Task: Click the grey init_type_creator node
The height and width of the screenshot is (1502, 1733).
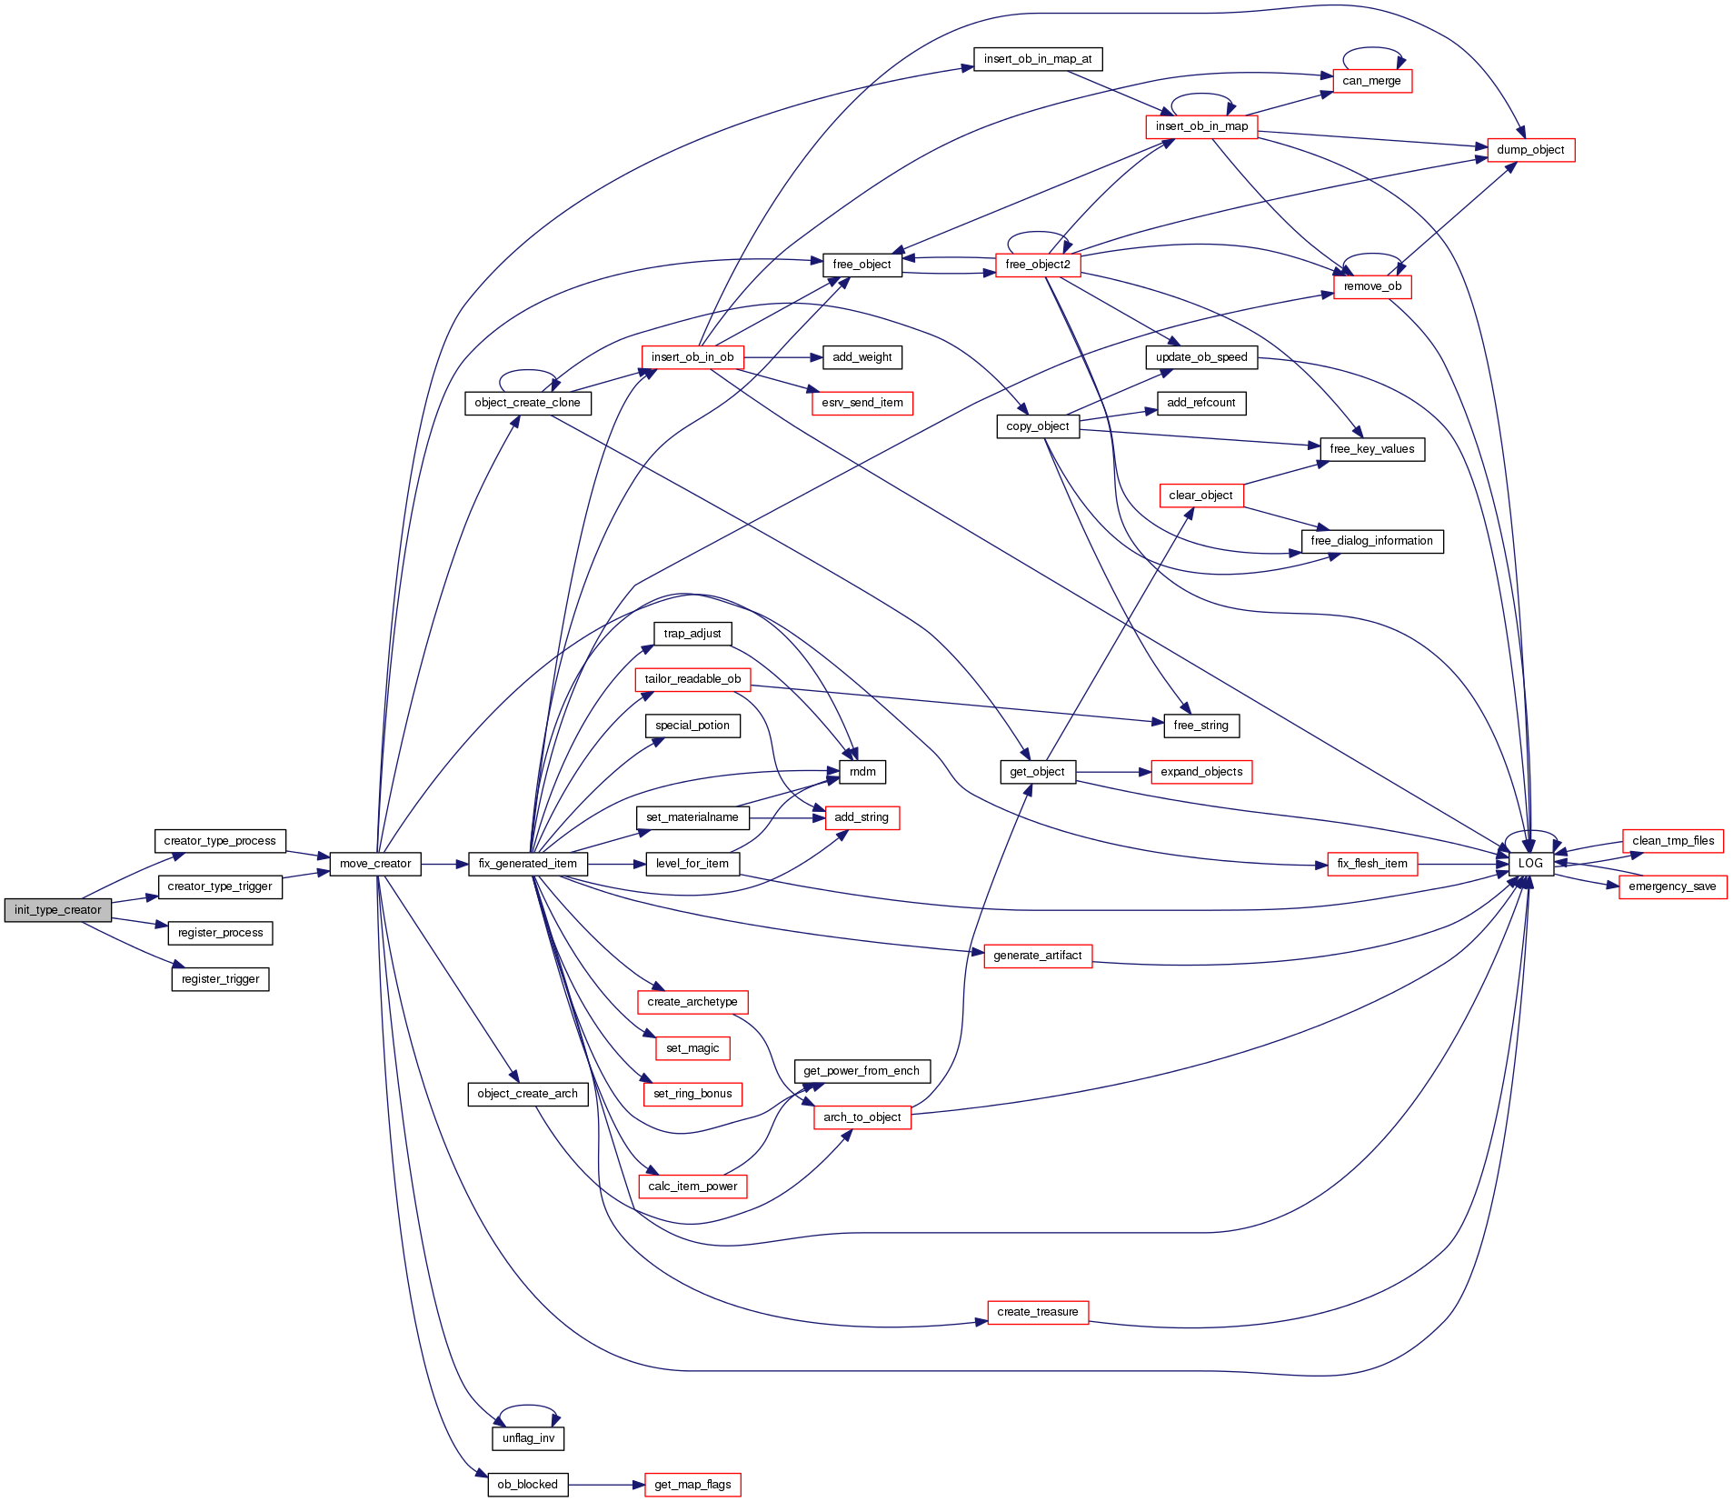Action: coord(58,910)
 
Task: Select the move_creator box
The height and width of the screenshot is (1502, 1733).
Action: coord(375,864)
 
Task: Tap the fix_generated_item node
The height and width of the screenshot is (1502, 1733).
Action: coord(528,864)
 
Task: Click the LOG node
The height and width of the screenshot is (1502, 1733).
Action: coord(1531,864)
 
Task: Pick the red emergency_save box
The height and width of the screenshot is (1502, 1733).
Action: coord(1672,886)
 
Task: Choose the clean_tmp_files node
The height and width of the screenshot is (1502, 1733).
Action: coord(1673,841)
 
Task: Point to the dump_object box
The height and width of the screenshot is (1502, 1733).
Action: coord(1530,150)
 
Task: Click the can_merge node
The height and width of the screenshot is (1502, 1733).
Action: coord(1371,81)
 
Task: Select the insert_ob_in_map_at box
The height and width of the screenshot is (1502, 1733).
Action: coord(1038,59)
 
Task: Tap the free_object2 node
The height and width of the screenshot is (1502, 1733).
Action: coord(1038,265)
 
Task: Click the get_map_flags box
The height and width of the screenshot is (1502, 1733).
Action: coord(692,1485)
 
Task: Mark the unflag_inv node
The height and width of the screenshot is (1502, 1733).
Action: coord(528,1438)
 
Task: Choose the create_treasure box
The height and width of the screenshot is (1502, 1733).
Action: coord(1038,1312)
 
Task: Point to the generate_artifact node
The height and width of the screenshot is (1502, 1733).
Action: coord(1038,956)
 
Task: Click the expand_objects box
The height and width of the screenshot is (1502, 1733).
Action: coord(1201,772)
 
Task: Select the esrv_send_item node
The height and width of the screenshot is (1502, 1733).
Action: coord(862,403)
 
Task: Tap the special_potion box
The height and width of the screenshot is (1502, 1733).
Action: coord(692,726)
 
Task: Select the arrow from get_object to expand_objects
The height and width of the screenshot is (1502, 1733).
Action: coord(1113,772)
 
